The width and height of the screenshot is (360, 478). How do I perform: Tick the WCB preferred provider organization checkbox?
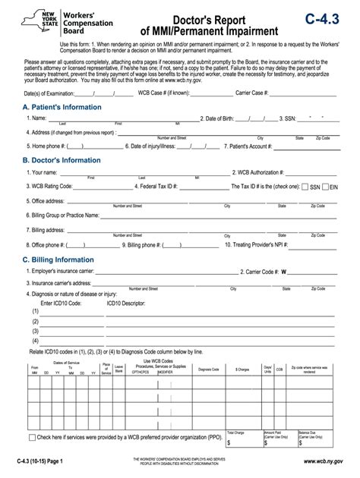[32, 438]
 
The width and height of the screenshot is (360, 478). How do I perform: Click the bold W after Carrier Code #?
[284, 270]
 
